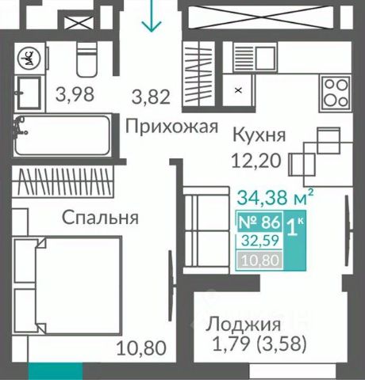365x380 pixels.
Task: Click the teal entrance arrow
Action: coord(152,16)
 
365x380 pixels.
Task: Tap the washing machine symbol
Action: coord(29,58)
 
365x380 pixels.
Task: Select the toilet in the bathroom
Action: coord(86,59)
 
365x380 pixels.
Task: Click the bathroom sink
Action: coord(29,93)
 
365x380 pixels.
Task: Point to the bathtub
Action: coord(62,135)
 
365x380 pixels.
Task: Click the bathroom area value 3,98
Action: coord(75,94)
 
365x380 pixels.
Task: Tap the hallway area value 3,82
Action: coord(151,97)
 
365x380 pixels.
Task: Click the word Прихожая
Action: coord(171,127)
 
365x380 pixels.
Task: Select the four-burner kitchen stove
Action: coord(336,93)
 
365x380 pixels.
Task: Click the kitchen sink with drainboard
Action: coord(255,59)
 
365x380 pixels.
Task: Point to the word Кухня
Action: coord(259,135)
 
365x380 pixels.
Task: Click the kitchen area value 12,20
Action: coord(256,161)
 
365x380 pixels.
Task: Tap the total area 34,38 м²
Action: coord(275,197)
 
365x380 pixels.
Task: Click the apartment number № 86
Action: coord(259,222)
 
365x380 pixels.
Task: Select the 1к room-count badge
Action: coord(295,240)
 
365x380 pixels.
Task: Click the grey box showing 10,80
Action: coord(260,260)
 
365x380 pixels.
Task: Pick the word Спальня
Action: coord(100,218)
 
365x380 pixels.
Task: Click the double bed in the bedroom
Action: coord(67,285)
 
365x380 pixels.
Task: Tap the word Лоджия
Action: coord(244,325)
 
